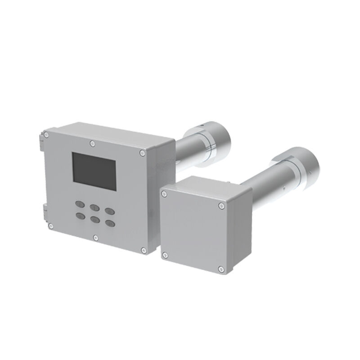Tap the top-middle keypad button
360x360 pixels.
94,207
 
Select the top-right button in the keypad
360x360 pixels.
109,210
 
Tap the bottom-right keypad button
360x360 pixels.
109,222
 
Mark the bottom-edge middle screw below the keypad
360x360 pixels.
95,237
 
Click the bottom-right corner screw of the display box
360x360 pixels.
143,250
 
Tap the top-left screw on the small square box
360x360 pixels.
165,193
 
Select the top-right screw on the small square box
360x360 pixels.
221,206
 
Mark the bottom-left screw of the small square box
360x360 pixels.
165,256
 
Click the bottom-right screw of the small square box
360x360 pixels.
220,270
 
